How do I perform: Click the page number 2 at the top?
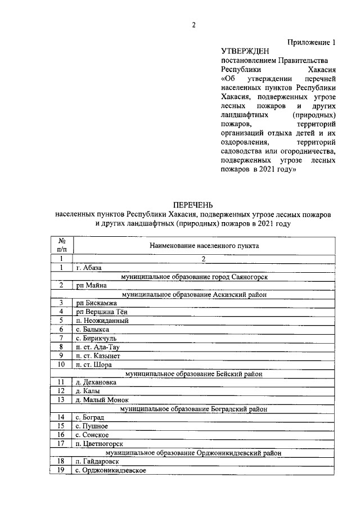pos(193,24)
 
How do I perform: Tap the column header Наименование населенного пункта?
pos(204,245)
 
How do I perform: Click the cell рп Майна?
pos(91,286)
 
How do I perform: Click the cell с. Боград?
pos(90,417)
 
